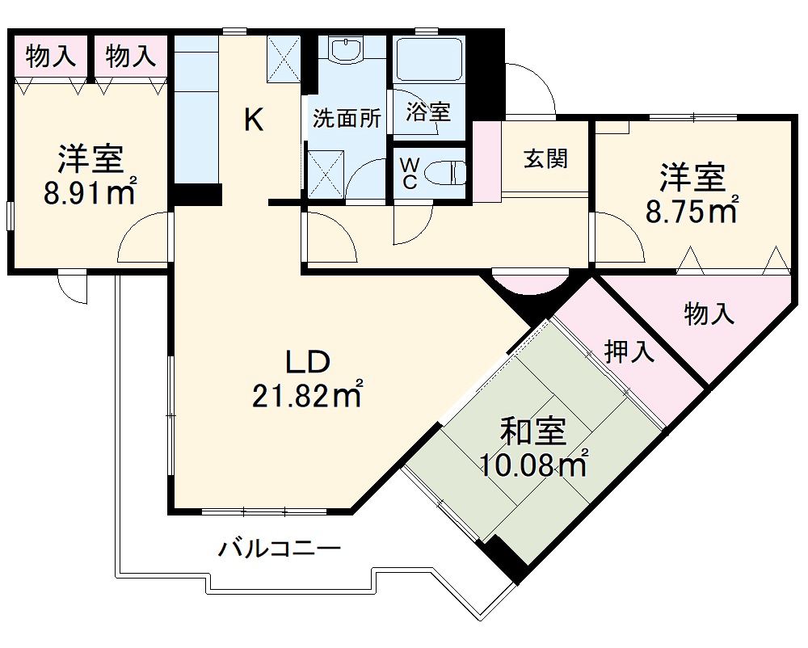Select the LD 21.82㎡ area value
click(306, 396)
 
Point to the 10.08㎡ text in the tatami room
click(533, 465)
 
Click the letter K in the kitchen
click(253, 121)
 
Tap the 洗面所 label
click(347, 119)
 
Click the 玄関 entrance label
click(545, 158)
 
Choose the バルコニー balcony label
click(280, 549)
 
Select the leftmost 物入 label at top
click(50, 56)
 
